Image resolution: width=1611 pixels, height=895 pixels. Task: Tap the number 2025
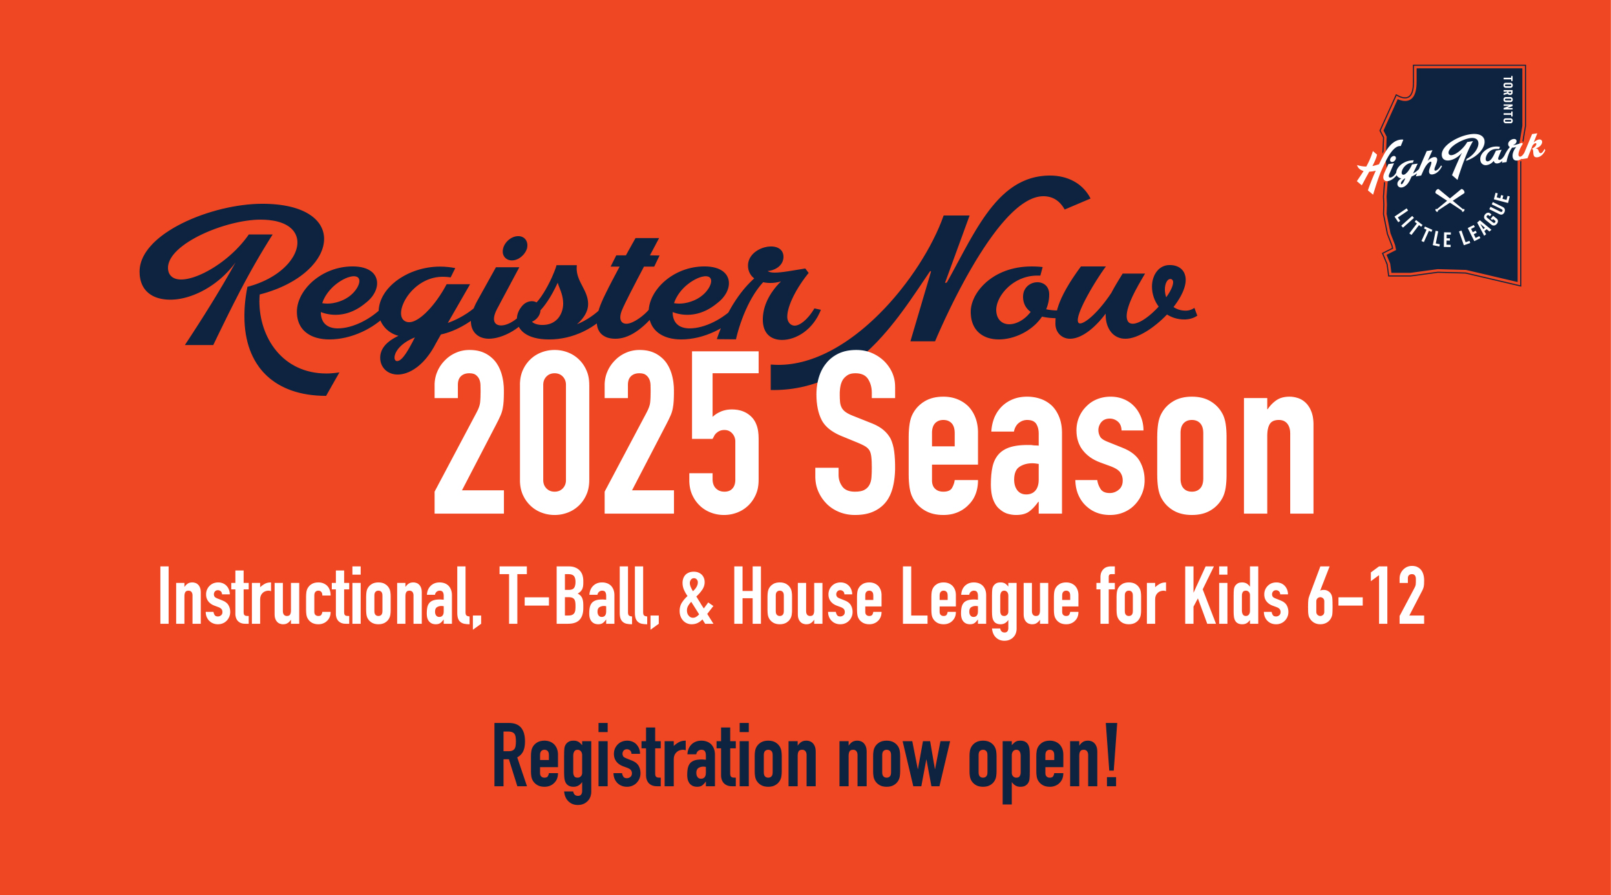597,432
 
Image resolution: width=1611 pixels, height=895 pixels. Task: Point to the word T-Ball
579,596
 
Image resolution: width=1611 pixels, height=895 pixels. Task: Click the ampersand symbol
696,596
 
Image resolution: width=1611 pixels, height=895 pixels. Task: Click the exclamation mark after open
1110,755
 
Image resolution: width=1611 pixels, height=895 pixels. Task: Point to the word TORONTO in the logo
1508,100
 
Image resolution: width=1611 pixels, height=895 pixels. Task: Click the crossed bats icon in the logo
1450,200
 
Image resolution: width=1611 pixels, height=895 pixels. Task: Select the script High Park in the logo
1451,162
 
